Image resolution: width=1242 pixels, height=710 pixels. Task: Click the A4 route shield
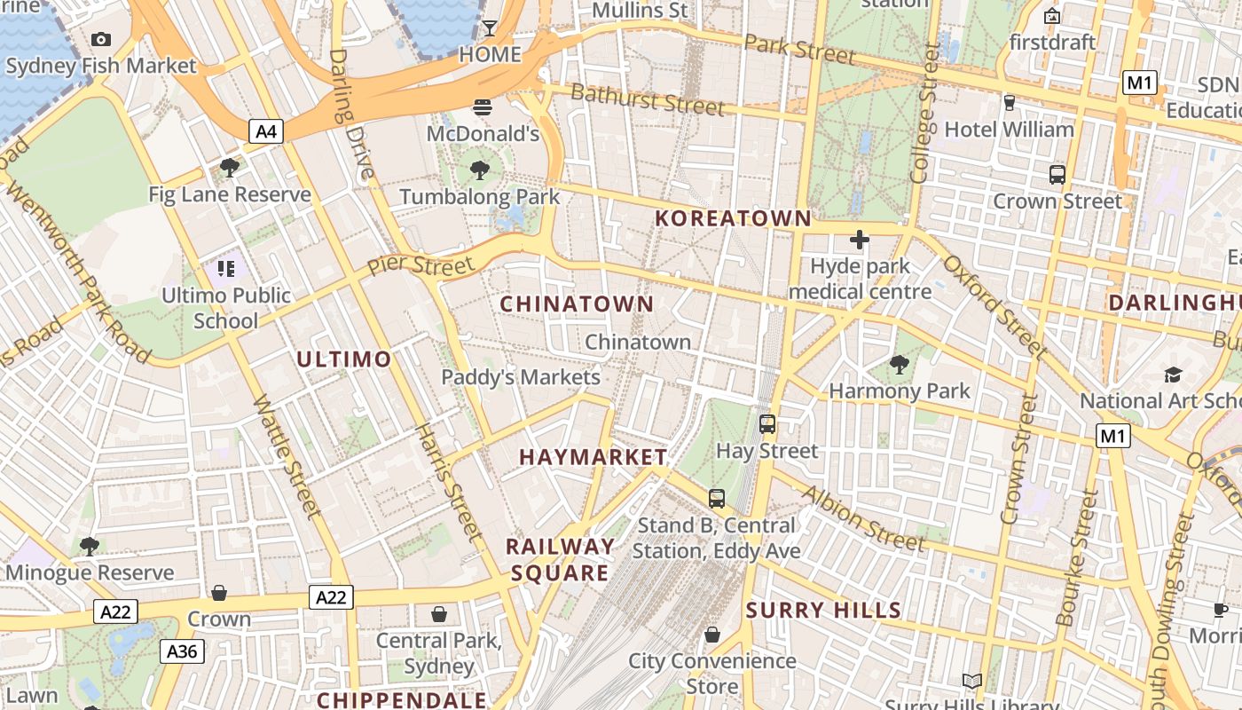[266, 132]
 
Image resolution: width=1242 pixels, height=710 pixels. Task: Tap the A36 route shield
[183, 651]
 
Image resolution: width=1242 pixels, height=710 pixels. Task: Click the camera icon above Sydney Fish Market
[101, 39]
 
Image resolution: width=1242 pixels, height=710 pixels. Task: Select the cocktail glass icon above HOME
[489, 28]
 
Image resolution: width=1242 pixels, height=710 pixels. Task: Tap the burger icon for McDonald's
[483, 107]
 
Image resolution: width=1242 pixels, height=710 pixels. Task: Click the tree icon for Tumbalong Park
[480, 170]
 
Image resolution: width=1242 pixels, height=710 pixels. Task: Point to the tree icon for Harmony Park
[900, 364]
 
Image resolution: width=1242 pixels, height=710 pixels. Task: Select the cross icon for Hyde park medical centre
[859, 239]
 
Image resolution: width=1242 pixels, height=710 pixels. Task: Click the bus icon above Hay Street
[767, 424]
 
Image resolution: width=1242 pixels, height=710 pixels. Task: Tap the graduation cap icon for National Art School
[1173, 375]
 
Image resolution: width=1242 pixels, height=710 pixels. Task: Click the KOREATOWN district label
[733, 218]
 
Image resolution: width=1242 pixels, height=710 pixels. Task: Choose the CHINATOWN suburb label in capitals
[577, 304]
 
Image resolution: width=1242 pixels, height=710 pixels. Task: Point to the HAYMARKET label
[593, 457]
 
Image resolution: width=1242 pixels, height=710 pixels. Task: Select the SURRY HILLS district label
[823, 611]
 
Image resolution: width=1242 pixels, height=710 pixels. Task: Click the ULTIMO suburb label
[343, 359]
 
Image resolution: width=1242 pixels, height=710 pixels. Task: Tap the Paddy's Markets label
[521, 377]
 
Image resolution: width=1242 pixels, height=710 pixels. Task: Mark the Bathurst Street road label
[647, 99]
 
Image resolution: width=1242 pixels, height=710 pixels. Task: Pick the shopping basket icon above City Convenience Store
[711, 635]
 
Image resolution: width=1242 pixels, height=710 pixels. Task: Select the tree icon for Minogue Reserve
[89, 546]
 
